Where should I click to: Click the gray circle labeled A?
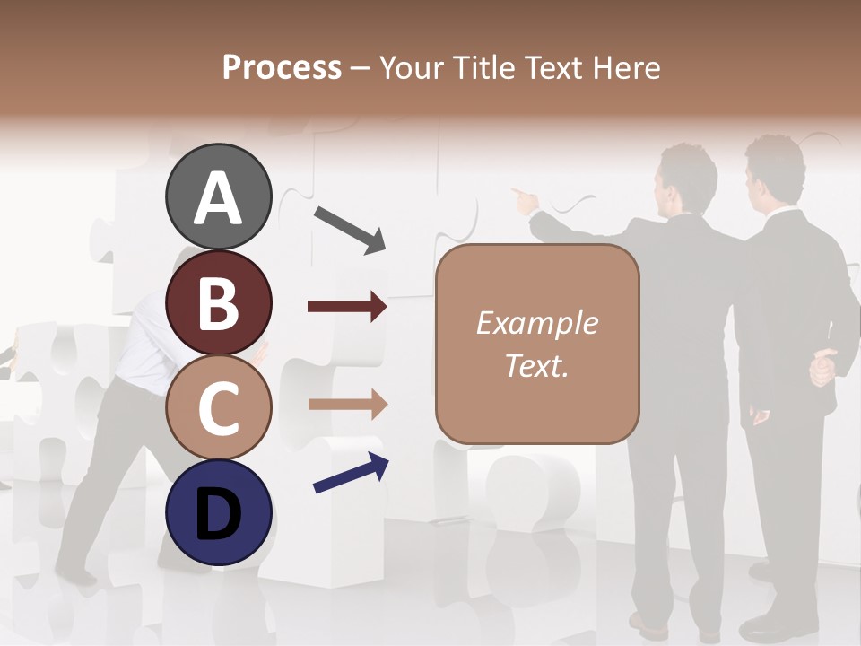(x=218, y=196)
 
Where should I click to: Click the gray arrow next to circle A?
(x=350, y=229)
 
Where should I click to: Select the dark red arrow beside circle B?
(x=347, y=307)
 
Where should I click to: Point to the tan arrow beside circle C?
(x=347, y=405)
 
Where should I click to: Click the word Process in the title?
(x=282, y=67)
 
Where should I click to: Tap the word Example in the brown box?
(x=536, y=323)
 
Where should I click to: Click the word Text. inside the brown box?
(x=536, y=365)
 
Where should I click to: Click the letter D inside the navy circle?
(x=218, y=513)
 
